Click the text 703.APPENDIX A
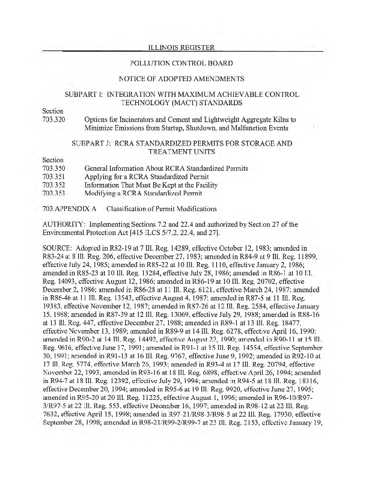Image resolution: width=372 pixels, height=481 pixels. click(70, 209)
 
